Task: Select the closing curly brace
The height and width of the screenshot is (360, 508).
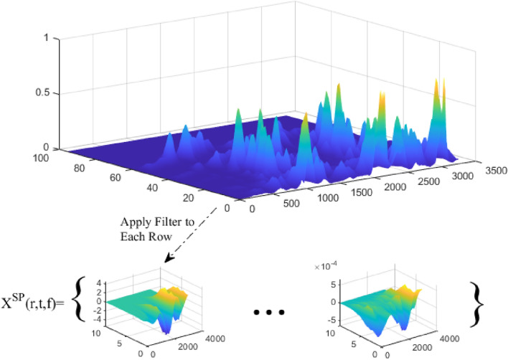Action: coord(476,301)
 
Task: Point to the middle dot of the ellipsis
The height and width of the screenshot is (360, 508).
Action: coord(269,313)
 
